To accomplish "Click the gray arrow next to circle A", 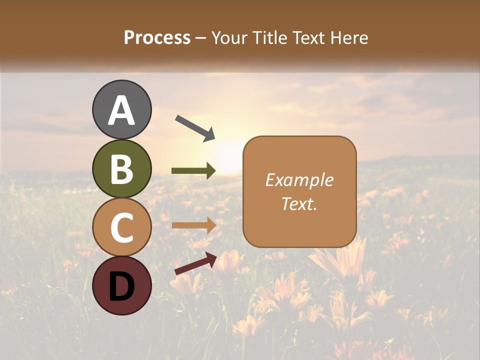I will [195, 127].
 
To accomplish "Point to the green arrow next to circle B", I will [193, 171].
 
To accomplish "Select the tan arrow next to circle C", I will [193, 225].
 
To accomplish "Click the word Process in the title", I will [157, 37].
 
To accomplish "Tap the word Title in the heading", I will [270, 37].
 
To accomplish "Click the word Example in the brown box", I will [299, 180].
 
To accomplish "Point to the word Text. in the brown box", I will [299, 203].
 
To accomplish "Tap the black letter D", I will [122, 286].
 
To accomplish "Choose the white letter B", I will [122, 169].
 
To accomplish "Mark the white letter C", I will [122, 228].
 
